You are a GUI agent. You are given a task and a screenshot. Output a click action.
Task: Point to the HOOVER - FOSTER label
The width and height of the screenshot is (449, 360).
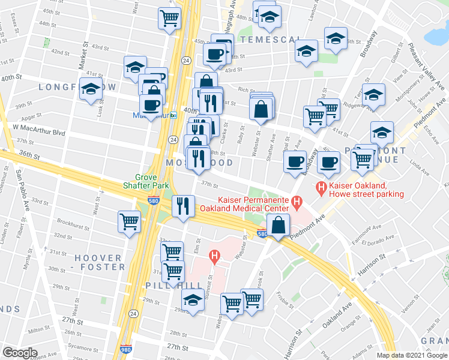[x=99, y=262]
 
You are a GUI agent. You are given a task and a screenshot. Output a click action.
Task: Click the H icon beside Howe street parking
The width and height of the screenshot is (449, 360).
[x=322, y=189]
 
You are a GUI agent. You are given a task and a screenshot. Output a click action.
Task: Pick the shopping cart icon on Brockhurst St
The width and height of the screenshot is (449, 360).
[x=129, y=222]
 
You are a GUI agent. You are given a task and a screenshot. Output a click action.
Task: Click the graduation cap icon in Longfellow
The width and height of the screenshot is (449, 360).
[x=91, y=91]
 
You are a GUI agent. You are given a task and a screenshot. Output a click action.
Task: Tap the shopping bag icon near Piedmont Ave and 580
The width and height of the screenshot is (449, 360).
[x=280, y=226]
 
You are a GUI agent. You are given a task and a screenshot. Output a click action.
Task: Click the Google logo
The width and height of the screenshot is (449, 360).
[x=20, y=352]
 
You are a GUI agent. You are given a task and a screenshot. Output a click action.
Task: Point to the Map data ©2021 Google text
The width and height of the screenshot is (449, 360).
[x=411, y=355]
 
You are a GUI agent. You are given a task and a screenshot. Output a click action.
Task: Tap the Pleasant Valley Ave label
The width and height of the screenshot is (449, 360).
[x=424, y=62]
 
